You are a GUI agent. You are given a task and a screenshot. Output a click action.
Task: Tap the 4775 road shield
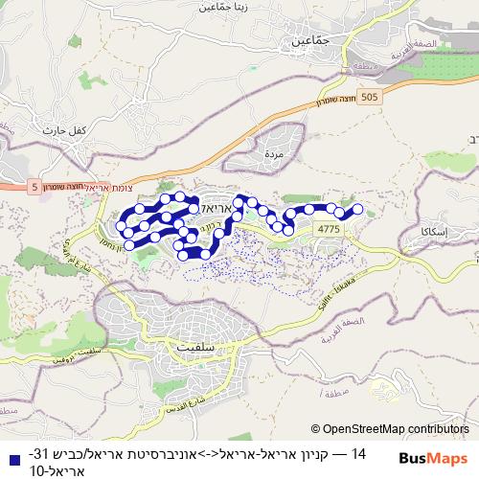click(x=328, y=229)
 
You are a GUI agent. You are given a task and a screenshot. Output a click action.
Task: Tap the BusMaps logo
click(x=436, y=460)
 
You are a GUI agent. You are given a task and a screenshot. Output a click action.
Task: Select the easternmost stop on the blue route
click(x=358, y=209)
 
